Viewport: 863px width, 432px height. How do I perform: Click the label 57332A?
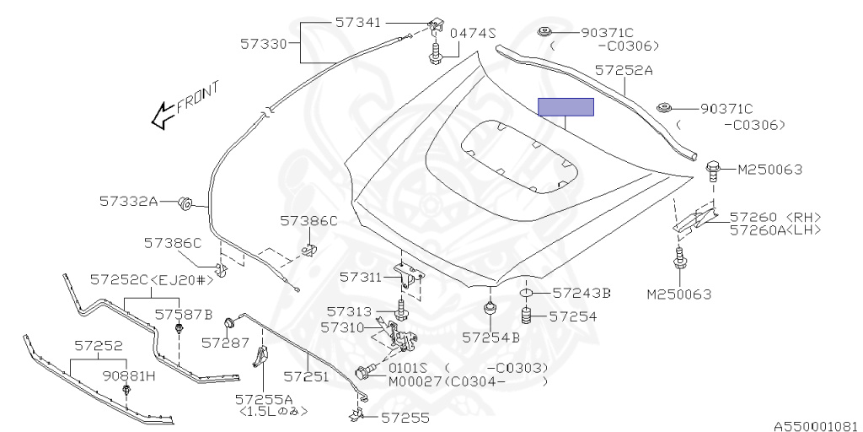click(x=128, y=202)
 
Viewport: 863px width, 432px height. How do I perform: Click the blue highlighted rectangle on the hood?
click(x=566, y=107)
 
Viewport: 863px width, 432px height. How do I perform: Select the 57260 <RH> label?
click(x=775, y=217)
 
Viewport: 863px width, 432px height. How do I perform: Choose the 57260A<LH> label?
click(x=775, y=229)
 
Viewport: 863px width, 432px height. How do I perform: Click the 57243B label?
click(x=582, y=293)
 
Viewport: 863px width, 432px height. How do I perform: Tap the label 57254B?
click(x=490, y=337)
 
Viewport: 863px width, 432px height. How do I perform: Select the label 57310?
click(x=345, y=326)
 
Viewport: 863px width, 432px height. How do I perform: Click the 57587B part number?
click(x=183, y=314)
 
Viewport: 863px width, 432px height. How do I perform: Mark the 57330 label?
click(x=265, y=41)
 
